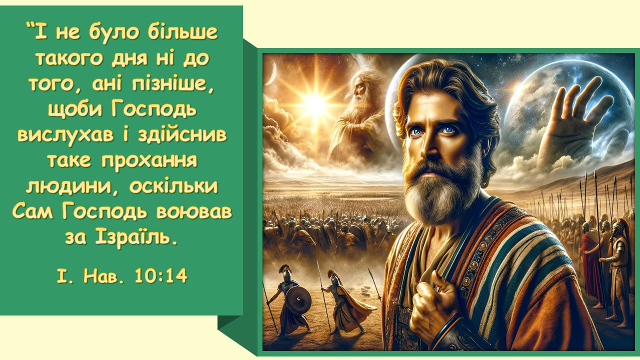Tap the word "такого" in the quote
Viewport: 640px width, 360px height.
pyautogui.click(x=69, y=58)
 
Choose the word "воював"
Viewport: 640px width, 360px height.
pyautogui.click(x=194, y=212)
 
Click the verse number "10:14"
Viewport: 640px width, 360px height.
pyautogui.click(x=161, y=275)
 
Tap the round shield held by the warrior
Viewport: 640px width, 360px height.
pyautogui.click(x=298, y=299)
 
